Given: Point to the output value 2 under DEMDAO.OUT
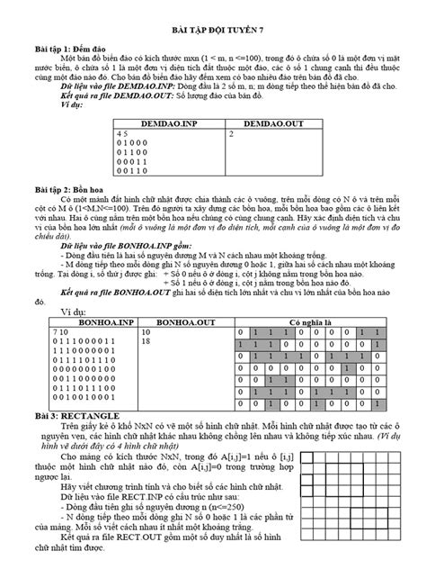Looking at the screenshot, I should (232, 132).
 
